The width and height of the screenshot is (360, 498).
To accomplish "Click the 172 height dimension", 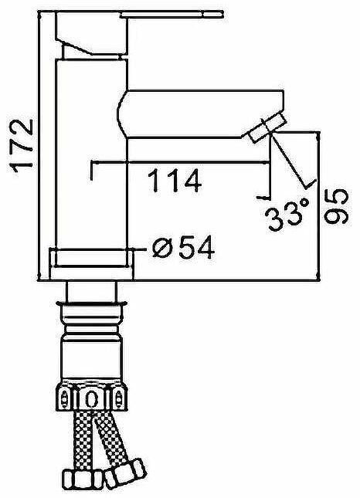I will click(x=19, y=144).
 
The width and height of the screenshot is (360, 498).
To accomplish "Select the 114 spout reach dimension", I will click(x=174, y=181).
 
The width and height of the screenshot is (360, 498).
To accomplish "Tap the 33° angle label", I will click(x=284, y=217).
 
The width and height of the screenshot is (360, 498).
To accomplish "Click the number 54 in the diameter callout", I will click(x=192, y=248).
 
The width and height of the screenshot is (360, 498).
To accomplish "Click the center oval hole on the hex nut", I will click(x=92, y=400).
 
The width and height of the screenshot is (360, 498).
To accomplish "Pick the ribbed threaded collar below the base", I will click(x=92, y=313).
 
